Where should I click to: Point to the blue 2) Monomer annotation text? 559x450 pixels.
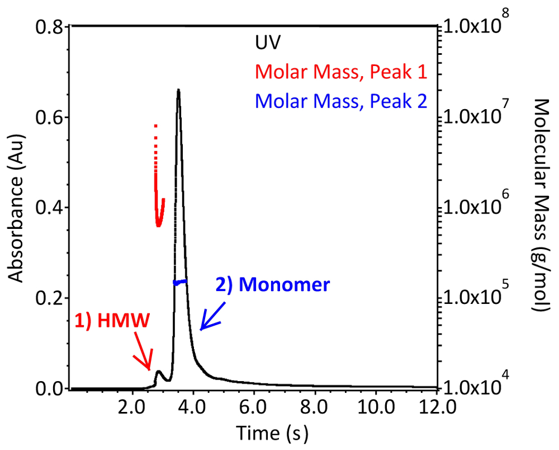click(x=273, y=284)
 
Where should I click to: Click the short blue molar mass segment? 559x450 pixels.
click(x=180, y=282)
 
